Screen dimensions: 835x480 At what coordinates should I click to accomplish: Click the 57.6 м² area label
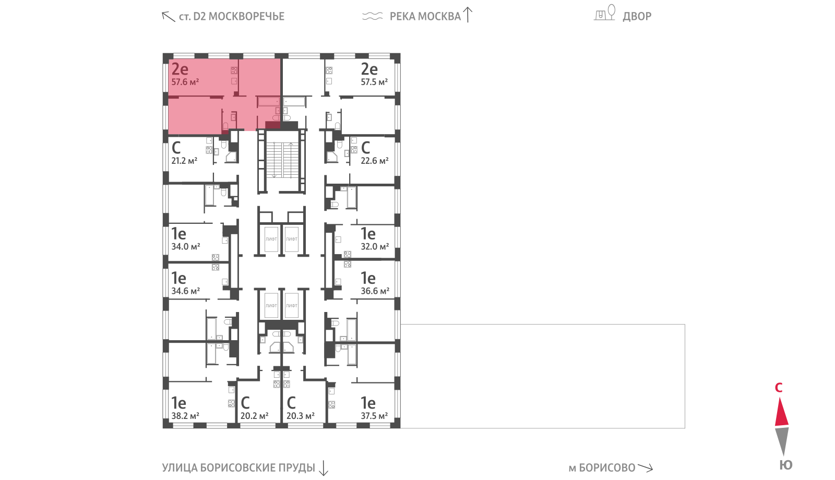pyautogui.click(x=185, y=81)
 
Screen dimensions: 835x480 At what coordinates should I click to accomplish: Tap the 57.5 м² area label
pyautogui.click(x=374, y=81)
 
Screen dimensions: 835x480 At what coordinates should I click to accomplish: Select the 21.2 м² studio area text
pyautogui.click(x=184, y=161)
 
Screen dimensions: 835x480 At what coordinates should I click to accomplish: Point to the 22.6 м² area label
pyautogui.click(x=375, y=161)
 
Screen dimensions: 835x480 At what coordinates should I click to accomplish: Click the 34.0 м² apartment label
pyautogui.click(x=186, y=246)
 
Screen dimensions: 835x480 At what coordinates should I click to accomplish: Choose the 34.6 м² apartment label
pyautogui.click(x=186, y=291)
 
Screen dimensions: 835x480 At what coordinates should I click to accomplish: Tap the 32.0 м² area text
pyautogui.click(x=375, y=246)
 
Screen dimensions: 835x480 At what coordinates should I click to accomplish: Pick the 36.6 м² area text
pyautogui.click(x=375, y=291)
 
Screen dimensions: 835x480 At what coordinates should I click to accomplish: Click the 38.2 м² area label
pyautogui.click(x=185, y=415)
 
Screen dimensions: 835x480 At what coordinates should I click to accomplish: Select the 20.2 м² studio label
pyautogui.click(x=255, y=415)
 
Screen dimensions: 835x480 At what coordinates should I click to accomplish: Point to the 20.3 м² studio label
pyautogui.click(x=301, y=415)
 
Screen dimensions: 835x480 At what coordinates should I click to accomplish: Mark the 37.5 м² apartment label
pyautogui.click(x=374, y=415)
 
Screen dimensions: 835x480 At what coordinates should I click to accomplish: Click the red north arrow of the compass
pyautogui.click(x=782, y=412)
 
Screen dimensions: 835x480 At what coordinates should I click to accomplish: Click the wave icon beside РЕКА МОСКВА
pyautogui.click(x=373, y=16)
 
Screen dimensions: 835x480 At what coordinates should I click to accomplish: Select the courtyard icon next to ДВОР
pyautogui.click(x=604, y=13)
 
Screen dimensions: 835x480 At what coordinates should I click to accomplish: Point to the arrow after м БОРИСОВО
pyautogui.click(x=645, y=467)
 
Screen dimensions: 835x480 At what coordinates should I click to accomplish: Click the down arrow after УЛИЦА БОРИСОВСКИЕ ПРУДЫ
pyautogui.click(x=324, y=468)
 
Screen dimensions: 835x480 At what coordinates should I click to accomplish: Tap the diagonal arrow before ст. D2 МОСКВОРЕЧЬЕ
pyautogui.click(x=169, y=16)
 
